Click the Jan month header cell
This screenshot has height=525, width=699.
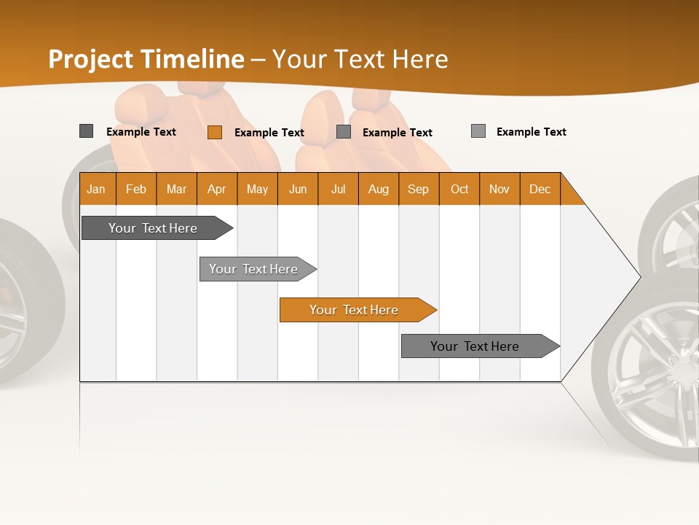(97, 189)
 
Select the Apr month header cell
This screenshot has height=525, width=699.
(217, 189)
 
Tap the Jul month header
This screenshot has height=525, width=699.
(338, 189)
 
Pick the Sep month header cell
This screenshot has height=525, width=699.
(418, 189)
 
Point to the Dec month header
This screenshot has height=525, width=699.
(540, 189)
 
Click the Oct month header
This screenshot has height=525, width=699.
(459, 189)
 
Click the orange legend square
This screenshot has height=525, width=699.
(215, 132)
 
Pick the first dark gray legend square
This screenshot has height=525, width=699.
(86, 131)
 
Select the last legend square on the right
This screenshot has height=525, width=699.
(478, 131)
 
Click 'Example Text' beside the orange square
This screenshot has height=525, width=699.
(269, 133)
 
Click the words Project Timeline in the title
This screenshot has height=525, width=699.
(146, 59)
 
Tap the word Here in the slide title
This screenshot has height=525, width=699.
(420, 59)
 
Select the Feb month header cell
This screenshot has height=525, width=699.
(136, 189)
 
